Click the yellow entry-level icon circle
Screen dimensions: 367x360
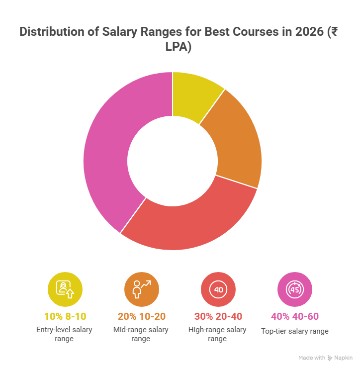pos(65,289)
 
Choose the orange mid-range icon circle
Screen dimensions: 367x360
pos(142,289)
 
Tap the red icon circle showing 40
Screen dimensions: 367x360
pos(218,289)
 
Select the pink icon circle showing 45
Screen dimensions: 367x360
pos(295,289)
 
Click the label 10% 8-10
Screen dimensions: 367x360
pos(65,317)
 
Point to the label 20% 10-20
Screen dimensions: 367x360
pos(142,317)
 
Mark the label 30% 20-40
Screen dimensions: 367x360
pos(218,317)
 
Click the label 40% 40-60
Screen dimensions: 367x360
pos(295,317)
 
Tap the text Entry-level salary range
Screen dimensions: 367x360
pos(65,334)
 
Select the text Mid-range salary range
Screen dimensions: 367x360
pos(142,334)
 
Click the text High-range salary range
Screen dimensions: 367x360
pos(218,334)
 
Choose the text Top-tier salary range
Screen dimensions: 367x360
pos(295,331)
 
